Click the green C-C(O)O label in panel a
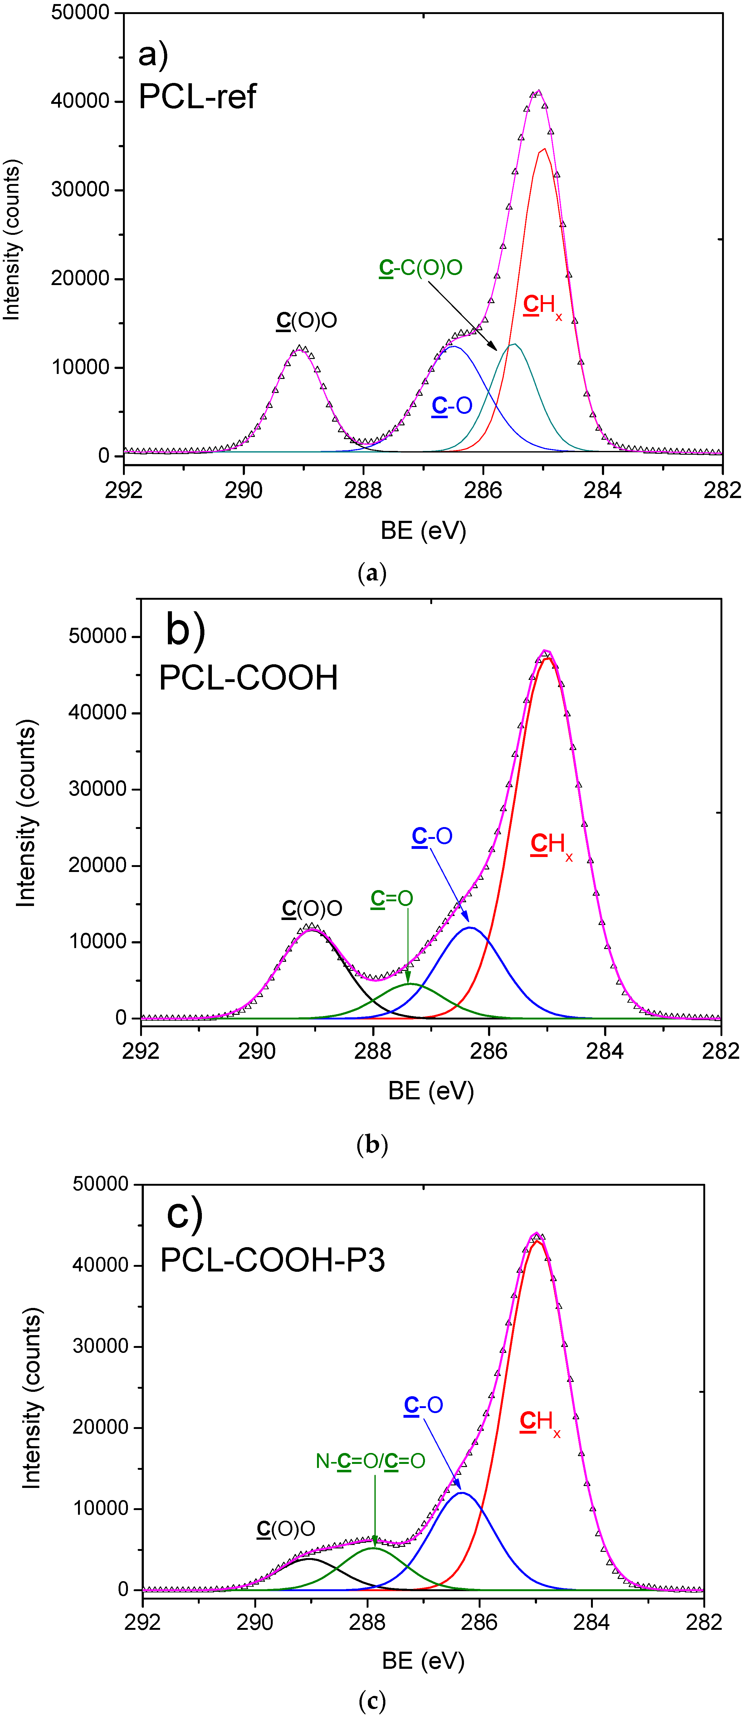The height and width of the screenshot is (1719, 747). click(x=421, y=268)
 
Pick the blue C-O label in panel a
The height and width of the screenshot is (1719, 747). click(x=452, y=405)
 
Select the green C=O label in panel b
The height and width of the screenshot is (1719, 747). click(x=392, y=899)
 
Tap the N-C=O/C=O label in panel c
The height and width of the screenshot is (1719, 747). click(x=370, y=1461)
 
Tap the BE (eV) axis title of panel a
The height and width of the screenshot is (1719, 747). click(x=423, y=530)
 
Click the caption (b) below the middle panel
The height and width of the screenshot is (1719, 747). click(x=373, y=1145)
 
